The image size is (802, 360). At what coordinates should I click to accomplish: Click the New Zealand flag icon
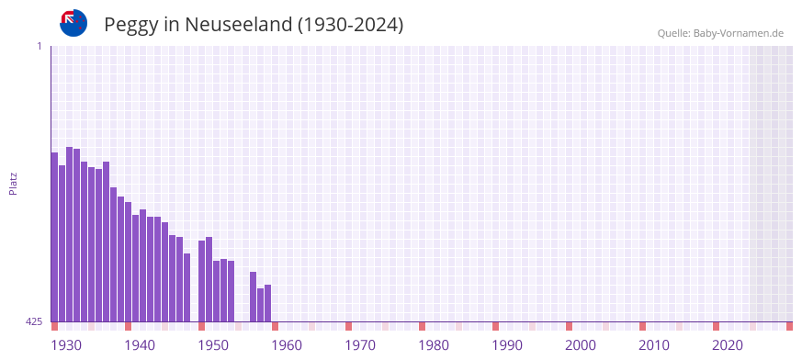tap(73, 23)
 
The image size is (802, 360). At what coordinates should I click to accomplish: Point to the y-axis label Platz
tap(13, 183)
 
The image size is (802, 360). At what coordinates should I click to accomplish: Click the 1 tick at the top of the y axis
tap(39, 46)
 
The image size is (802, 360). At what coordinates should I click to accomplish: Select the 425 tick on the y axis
tap(34, 321)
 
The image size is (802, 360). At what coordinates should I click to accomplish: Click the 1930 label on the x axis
tap(66, 345)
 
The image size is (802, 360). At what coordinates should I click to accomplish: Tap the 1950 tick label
tap(213, 345)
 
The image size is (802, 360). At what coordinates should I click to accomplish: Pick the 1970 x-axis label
tap(360, 345)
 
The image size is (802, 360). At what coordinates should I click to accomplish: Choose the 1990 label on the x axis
tap(507, 345)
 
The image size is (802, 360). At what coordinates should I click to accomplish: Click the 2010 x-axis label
tap(654, 345)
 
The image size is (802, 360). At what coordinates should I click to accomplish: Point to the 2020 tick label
tap(728, 345)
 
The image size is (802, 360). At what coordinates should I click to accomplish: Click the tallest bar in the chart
tap(69, 234)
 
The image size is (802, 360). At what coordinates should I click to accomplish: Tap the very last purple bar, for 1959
tap(267, 304)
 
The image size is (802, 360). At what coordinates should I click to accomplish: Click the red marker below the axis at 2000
tap(569, 326)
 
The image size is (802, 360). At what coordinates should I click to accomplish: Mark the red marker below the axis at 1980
tap(422, 326)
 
